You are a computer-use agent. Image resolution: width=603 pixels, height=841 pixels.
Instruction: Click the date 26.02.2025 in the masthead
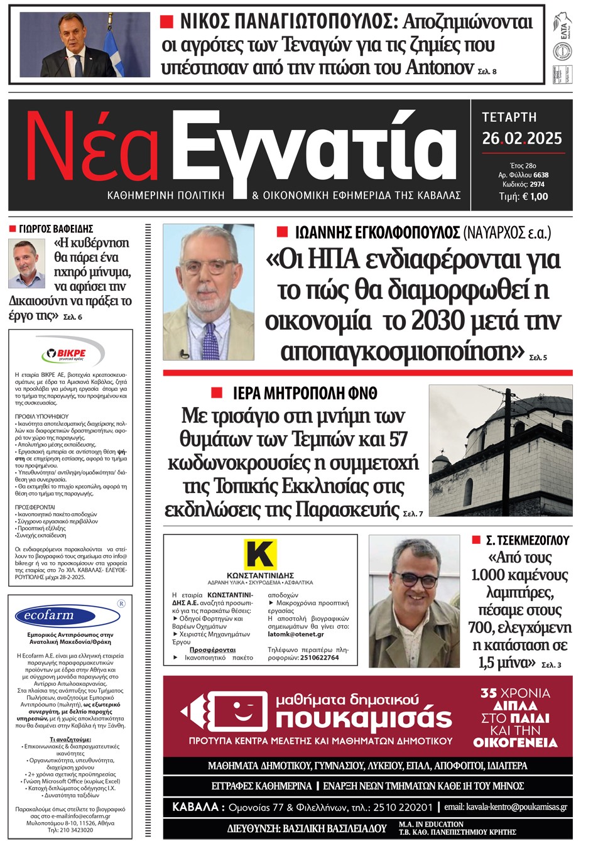coord(521,139)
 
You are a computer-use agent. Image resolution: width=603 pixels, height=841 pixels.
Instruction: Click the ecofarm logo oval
coord(49,615)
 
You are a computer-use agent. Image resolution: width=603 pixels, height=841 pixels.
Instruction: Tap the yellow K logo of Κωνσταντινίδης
coord(260,553)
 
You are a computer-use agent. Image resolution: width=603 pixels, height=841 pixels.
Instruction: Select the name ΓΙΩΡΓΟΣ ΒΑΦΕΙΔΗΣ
coord(56,229)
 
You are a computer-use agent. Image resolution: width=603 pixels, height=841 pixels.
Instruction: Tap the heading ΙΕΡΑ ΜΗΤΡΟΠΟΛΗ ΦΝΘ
coord(305,394)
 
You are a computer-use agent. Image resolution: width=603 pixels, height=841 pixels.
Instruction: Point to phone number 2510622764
coord(319,658)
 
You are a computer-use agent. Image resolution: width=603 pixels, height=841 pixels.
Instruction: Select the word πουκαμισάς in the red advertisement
coord(364,718)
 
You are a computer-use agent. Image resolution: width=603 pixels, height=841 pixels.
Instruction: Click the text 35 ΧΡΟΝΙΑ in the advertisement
coord(515,693)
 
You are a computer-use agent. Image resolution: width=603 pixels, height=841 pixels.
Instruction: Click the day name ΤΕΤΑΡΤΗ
coord(509,117)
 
